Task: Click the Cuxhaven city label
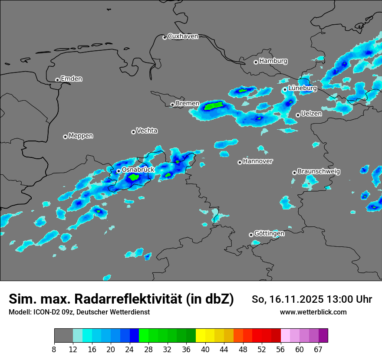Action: coord(183,36)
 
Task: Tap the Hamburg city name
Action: coord(273,61)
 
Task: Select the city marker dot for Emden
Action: coord(57,79)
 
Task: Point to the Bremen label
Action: coord(188,104)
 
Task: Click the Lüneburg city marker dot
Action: coord(285,89)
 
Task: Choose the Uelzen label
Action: coord(311,114)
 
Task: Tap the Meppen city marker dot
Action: coord(65,137)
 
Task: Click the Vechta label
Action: coord(147,131)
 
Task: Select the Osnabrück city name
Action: coord(138,170)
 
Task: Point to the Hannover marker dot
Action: coord(240,162)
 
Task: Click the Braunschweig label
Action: coord(319,172)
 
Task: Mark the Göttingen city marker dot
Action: coord(251,235)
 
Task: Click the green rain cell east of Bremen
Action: coord(214,105)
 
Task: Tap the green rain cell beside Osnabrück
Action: coord(134,177)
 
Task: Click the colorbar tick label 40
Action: coord(205,349)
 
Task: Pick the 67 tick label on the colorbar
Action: coord(318,349)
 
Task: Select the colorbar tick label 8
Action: coord(54,349)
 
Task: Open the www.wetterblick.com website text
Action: coord(313,312)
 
